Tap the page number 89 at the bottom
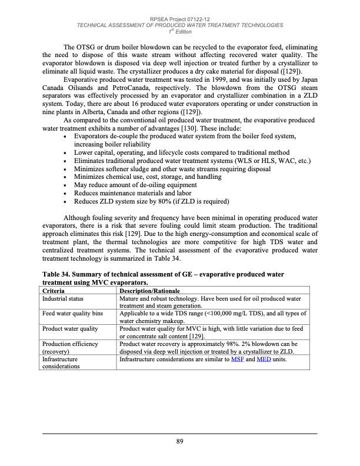click(x=180, y=442)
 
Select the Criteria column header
click(x=55, y=291)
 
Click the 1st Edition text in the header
click(x=180, y=31)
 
